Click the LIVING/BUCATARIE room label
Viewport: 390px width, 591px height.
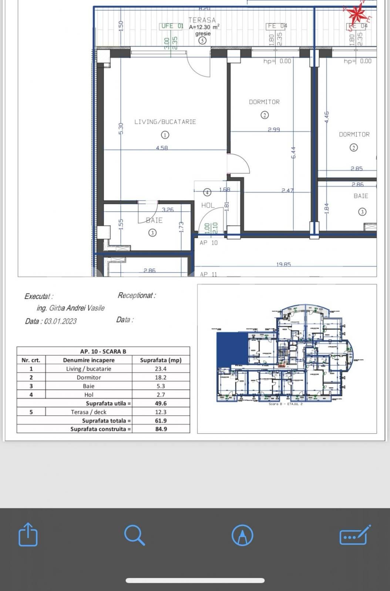(x=165, y=122)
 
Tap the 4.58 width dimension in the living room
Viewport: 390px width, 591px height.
(x=162, y=148)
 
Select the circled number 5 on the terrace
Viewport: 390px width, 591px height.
(x=202, y=41)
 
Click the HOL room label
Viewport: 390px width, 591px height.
(x=208, y=205)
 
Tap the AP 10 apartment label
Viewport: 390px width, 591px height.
(x=209, y=243)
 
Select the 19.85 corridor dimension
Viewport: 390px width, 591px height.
(x=283, y=264)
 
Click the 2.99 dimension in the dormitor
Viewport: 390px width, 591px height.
(x=274, y=130)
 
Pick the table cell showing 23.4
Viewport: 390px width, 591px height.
(x=161, y=369)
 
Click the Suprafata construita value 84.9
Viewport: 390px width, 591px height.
(x=161, y=429)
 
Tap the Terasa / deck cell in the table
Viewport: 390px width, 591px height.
(x=89, y=412)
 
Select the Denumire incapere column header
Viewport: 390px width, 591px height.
(x=89, y=360)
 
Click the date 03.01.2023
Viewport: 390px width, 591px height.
(x=60, y=321)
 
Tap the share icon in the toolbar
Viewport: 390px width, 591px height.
(x=28, y=534)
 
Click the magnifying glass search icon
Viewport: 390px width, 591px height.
(x=134, y=534)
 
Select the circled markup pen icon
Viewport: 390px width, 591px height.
(x=242, y=535)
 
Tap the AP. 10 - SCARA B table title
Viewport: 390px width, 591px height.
(x=103, y=351)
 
